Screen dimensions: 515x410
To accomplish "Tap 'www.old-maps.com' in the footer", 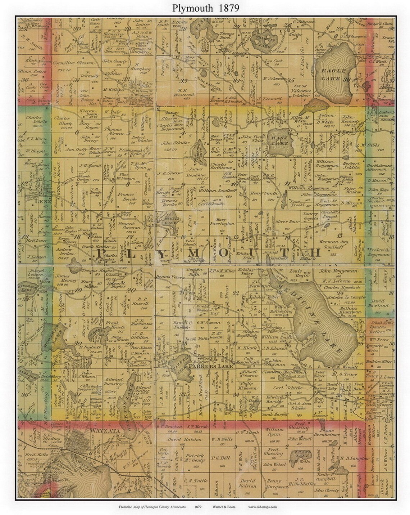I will click(x=262, y=507).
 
